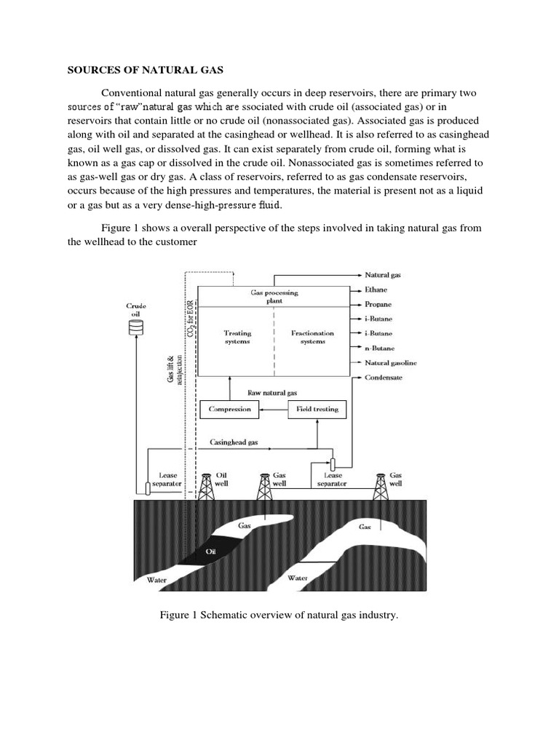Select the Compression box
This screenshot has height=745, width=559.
coord(229,409)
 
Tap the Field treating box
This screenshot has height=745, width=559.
coord(317,409)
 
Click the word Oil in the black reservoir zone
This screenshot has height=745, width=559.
coord(212,551)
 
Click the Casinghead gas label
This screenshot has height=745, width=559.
coord(234,442)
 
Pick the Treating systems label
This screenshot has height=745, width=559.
coord(237,337)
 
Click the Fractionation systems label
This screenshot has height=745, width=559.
coord(314,337)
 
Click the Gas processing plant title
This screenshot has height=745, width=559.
coord(274,296)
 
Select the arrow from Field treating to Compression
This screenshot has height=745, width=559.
coord(273,409)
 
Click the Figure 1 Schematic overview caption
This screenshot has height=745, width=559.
coord(279,615)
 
